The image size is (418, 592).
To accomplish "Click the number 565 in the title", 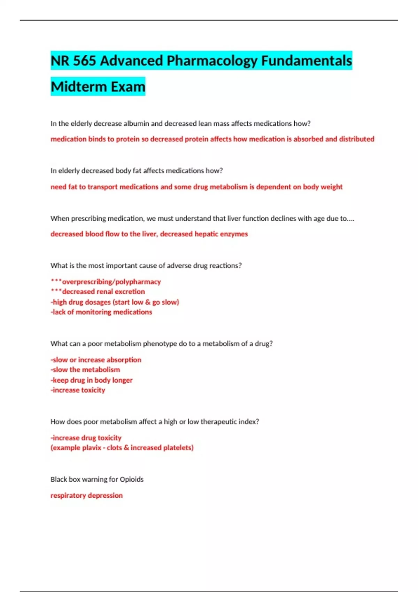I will point(84,61).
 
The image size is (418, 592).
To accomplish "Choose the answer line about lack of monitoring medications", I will point(101,312).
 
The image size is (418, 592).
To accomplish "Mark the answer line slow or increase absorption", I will point(96,360).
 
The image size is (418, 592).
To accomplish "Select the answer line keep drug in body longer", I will point(92,380).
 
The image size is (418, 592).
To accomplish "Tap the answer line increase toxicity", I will point(78,390).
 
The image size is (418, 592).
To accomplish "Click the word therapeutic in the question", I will point(218,422).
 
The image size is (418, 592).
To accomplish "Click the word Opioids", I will point(132,480).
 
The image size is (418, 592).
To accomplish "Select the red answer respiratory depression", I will point(87,496).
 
